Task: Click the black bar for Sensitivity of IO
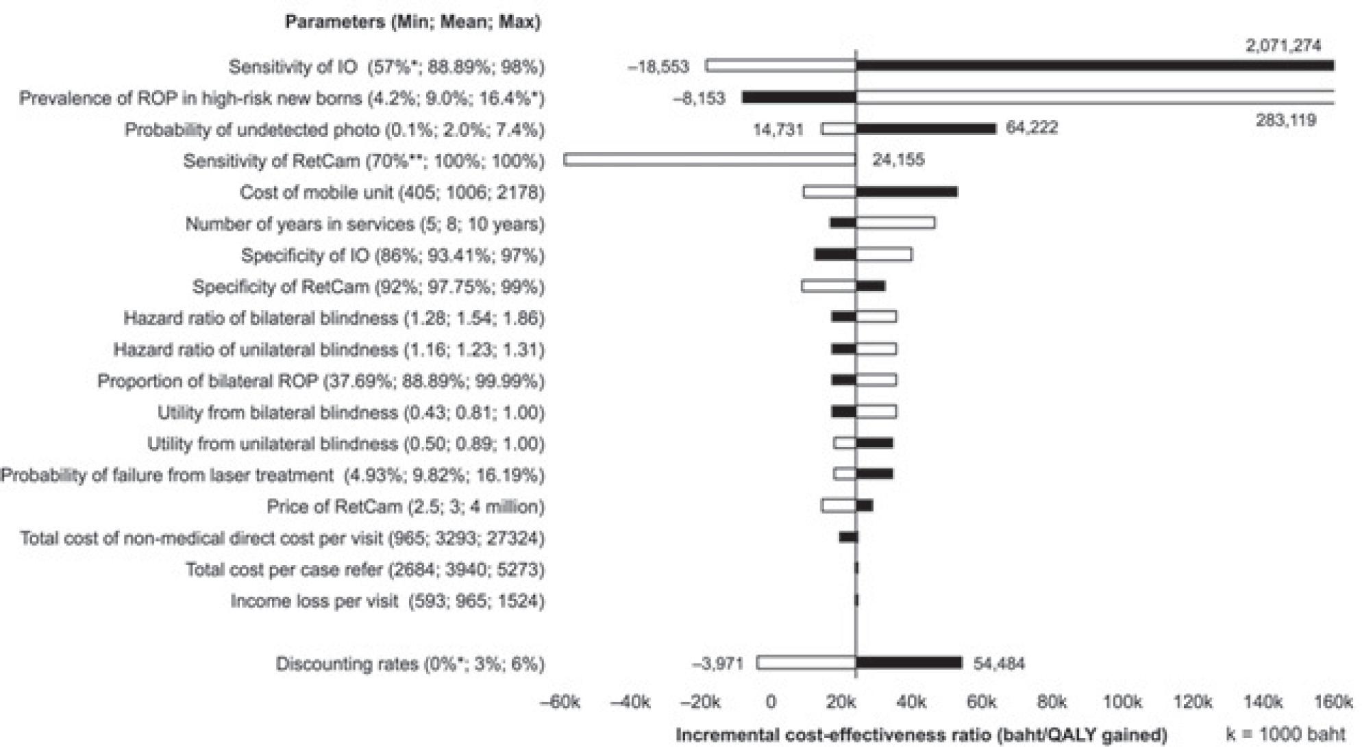(1094, 66)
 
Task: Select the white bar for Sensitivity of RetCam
(710, 160)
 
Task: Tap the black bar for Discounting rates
(908, 663)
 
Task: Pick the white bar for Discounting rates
(806, 663)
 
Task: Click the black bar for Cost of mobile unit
(906, 192)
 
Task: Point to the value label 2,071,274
(1283, 46)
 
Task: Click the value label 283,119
(1285, 121)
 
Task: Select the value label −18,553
(658, 66)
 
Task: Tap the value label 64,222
(1031, 128)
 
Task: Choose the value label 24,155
(897, 160)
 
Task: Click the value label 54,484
(999, 663)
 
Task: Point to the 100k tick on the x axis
(1122, 702)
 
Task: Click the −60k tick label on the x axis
(560, 702)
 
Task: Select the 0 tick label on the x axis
(771, 702)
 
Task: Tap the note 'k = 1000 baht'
(1285, 735)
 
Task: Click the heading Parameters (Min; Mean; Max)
(412, 22)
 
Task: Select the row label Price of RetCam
(406, 507)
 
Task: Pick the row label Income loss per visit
(387, 601)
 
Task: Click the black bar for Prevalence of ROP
(799, 97)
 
